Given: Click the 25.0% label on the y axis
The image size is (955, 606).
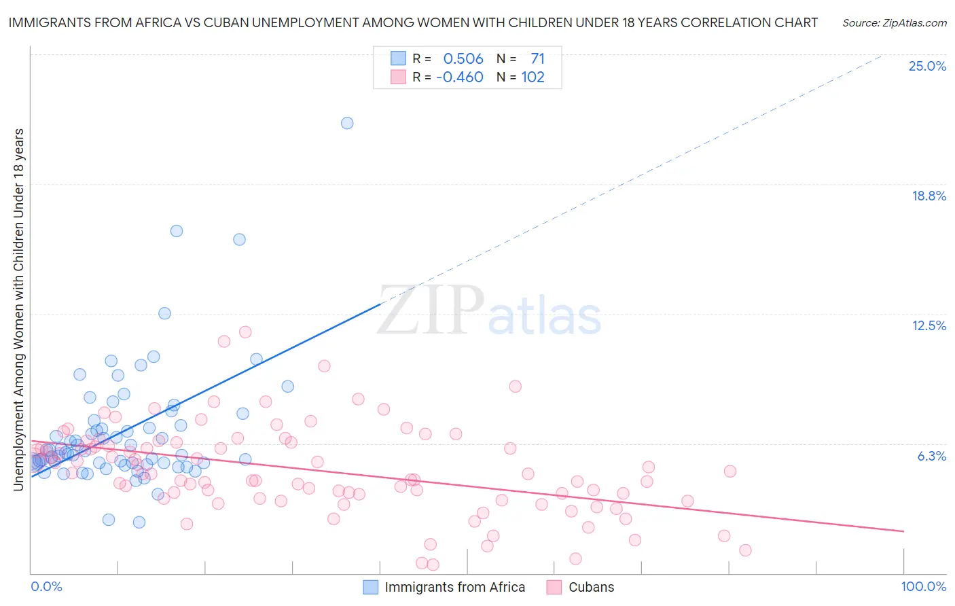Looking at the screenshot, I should (x=927, y=66).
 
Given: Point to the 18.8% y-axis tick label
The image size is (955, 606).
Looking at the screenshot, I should (x=929, y=196).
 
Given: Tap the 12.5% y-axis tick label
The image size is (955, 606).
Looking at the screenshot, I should (x=929, y=325).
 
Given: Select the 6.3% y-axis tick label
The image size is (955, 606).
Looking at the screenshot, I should (x=931, y=456).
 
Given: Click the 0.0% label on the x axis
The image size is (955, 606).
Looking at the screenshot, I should (x=46, y=586).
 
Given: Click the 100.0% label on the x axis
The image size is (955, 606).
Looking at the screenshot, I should (x=923, y=586).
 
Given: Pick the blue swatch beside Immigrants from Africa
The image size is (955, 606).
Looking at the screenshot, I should (x=370, y=587).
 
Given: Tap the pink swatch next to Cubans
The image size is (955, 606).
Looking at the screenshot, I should (x=554, y=587).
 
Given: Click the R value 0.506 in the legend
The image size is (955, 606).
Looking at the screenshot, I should (x=463, y=59).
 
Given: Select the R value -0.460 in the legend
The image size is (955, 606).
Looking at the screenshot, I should (x=460, y=77).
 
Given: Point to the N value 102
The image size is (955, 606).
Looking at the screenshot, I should (x=533, y=77).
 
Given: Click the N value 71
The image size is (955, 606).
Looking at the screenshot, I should (x=537, y=59).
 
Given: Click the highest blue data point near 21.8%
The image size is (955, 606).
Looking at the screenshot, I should (x=347, y=123).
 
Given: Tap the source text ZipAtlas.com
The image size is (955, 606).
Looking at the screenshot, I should (x=894, y=22).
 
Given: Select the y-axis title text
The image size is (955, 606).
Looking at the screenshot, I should (x=18, y=309).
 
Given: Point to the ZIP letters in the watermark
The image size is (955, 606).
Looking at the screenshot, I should (x=431, y=310).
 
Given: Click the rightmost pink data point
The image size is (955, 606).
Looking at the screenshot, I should (x=745, y=550).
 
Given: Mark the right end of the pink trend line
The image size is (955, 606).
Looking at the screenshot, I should (x=903, y=531).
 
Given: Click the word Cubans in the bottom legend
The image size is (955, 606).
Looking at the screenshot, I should (x=591, y=587).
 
